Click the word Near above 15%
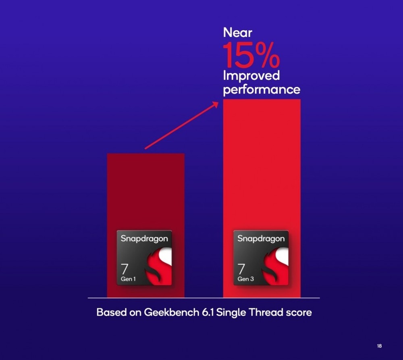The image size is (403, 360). pyautogui.click(x=237, y=33)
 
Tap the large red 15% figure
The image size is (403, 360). pyautogui.click(x=251, y=55)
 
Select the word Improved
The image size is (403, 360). pyautogui.click(x=251, y=76)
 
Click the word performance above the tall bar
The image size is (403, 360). pyautogui.click(x=262, y=90)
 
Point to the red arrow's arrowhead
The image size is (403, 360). pyautogui.click(x=215, y=105)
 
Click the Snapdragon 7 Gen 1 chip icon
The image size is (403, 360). pyautogui.click(x=144, y=258)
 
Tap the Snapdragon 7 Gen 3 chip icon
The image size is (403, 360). pyautogui.click(x=261, y=258)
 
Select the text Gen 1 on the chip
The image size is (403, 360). pyautogui.click(x=128, y=279)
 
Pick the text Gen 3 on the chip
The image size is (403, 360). pyautogui.click(x=245, y=279)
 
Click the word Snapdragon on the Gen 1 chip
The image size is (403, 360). pyautogui.click(x=144, y=239)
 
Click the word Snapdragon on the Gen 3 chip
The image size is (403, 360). pyautogui.click(x=261, y=239)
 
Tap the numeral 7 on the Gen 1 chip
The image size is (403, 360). pyautogui.click(x=125, y=269)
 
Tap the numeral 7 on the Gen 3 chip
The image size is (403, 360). pyautogui.click(x=241, y=269)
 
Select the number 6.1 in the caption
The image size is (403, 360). pyautogui.click(x=208, y=312)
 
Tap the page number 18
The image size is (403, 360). pyautogui.click(x=379, y=346)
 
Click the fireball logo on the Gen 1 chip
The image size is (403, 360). pyautogui.click(x=158, y=266)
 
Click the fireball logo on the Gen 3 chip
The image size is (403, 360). pyautogui.click(x=275, y=266)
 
